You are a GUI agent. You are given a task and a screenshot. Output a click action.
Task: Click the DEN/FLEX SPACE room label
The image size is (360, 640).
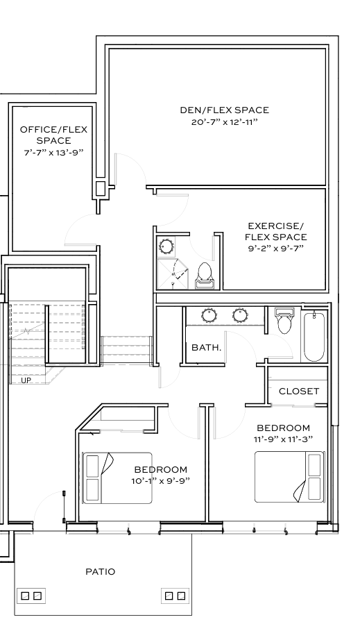click(x=225, y=110)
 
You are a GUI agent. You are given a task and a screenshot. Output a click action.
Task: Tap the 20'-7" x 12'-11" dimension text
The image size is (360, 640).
click(x=225, y=122)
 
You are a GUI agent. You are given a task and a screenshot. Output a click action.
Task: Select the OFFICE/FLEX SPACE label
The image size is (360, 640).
click(x=54, y=135)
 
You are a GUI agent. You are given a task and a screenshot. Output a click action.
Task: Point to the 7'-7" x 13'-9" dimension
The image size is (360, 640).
click(x=54, y=152)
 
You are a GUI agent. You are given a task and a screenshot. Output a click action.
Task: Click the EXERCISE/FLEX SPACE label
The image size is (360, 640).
click(x=276, y=231)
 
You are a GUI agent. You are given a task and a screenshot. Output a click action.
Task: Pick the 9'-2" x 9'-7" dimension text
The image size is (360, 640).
click(x=276, y=249)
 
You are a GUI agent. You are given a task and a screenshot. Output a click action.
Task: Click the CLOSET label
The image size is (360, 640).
click(x=299, y=391)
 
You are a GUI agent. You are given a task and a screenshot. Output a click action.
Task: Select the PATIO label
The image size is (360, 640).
click(x=101, y=571)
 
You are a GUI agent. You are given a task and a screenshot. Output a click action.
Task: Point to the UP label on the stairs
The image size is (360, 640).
click(x=26, y=380)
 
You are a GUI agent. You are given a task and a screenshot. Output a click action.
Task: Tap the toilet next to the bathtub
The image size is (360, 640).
click(x=284, y=320)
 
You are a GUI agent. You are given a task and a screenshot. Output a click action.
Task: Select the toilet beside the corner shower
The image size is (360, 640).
click(x=204, y=275)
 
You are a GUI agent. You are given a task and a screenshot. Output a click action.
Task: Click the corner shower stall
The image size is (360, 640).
click(x=173, y=274)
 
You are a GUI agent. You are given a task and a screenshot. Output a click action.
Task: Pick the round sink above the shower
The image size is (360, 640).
click(x=166, y=246)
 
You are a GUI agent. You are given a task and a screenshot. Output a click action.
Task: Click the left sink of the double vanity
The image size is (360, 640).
click(x=209, y=315)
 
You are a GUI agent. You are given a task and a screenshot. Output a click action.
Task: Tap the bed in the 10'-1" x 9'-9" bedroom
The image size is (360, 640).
click(x=117, y=478)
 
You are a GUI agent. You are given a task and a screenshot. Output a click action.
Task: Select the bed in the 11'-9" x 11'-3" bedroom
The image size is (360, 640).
click(x=289, y=477)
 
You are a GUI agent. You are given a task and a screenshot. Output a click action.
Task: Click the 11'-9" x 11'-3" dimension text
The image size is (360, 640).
click(x=283, y=439)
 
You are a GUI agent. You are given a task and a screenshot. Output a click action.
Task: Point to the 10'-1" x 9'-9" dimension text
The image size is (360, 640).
click(x=161, y=481)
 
